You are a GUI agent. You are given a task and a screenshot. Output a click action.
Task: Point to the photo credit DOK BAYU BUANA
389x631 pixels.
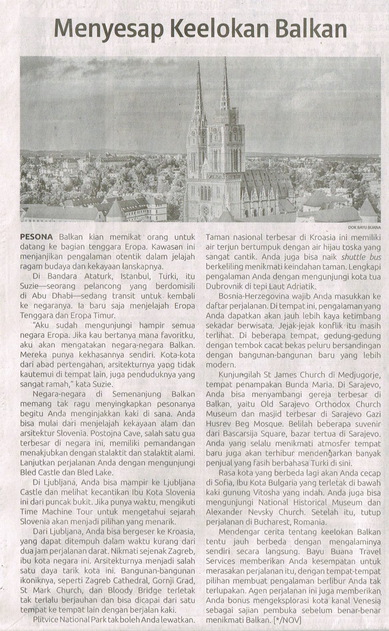click(362, 228)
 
